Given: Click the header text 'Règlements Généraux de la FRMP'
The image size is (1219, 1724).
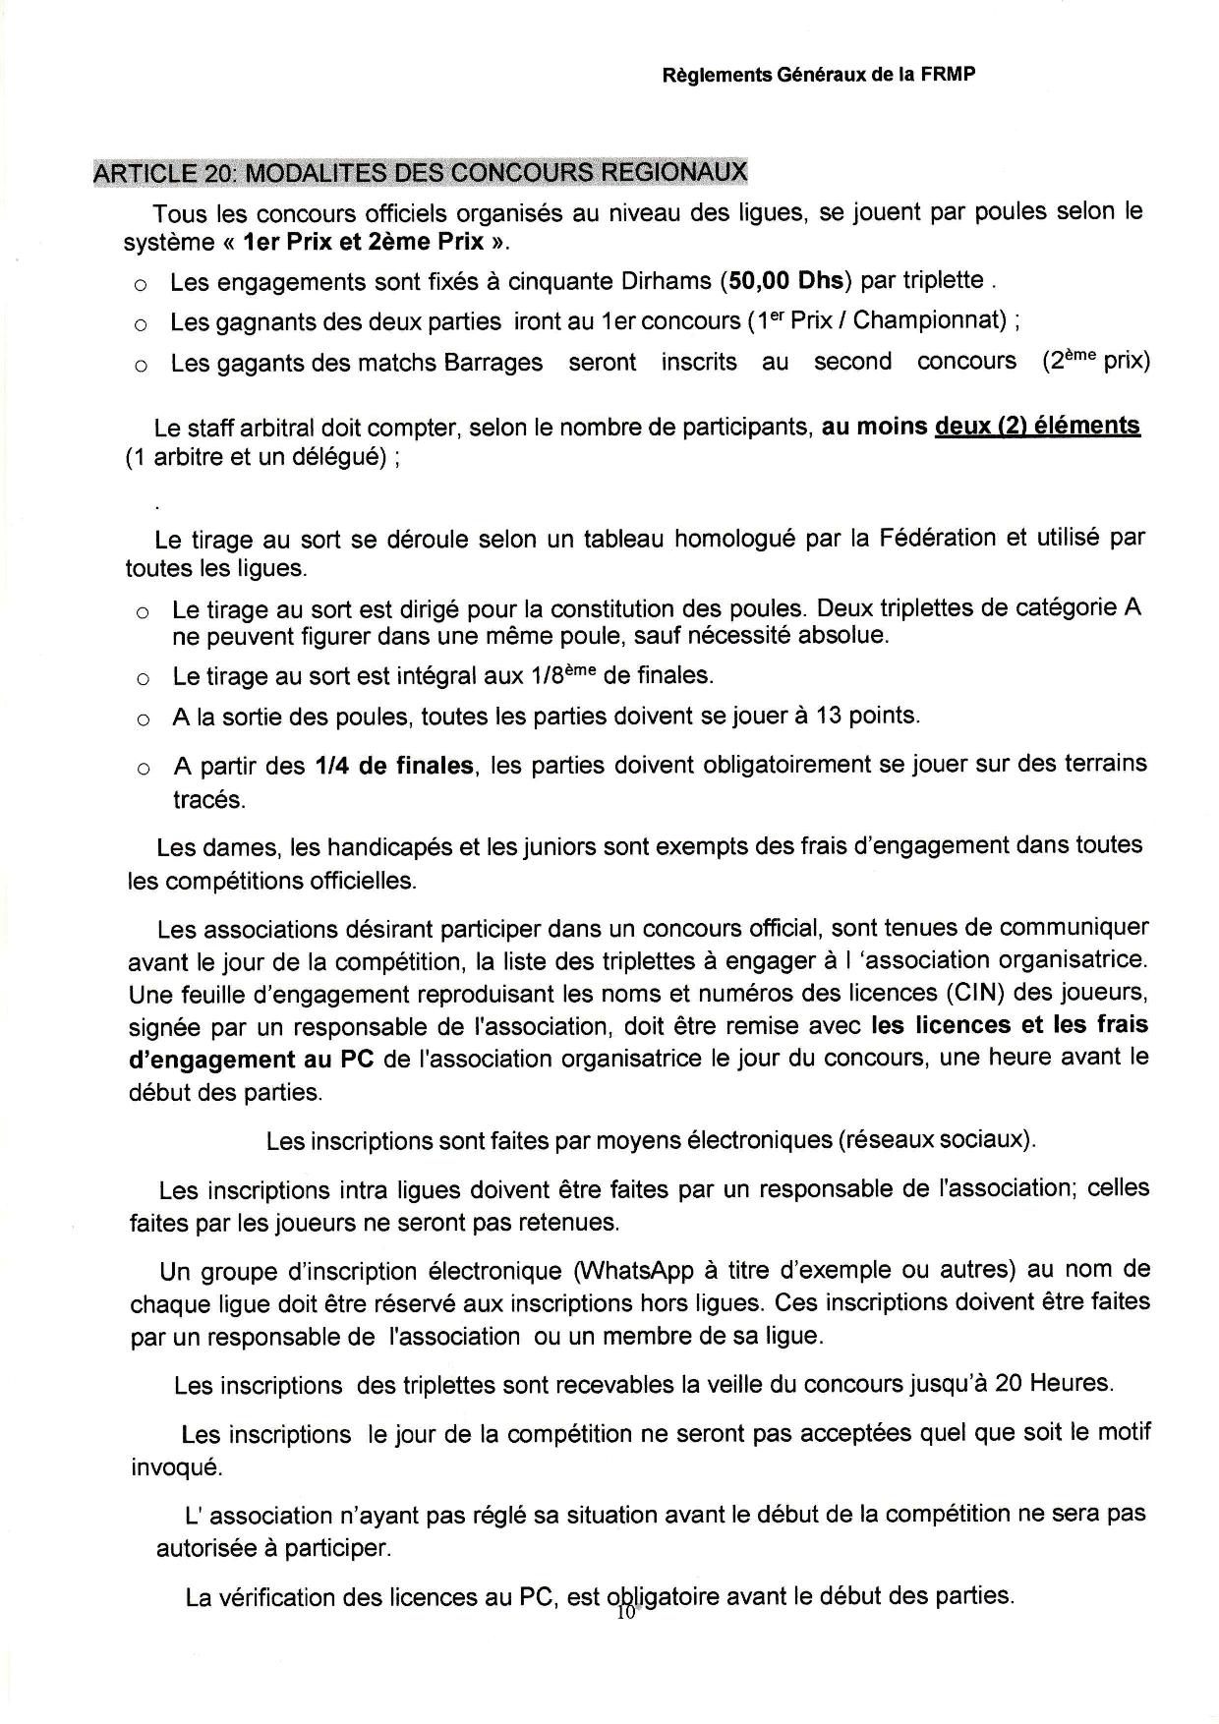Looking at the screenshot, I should (x=819, y=75).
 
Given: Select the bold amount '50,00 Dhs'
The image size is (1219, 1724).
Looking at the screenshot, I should (x=784, y=281).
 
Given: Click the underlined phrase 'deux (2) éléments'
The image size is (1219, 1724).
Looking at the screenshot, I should (x=1037, y=426).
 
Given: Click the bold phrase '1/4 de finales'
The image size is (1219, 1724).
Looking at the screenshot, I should (x=394, y=765).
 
